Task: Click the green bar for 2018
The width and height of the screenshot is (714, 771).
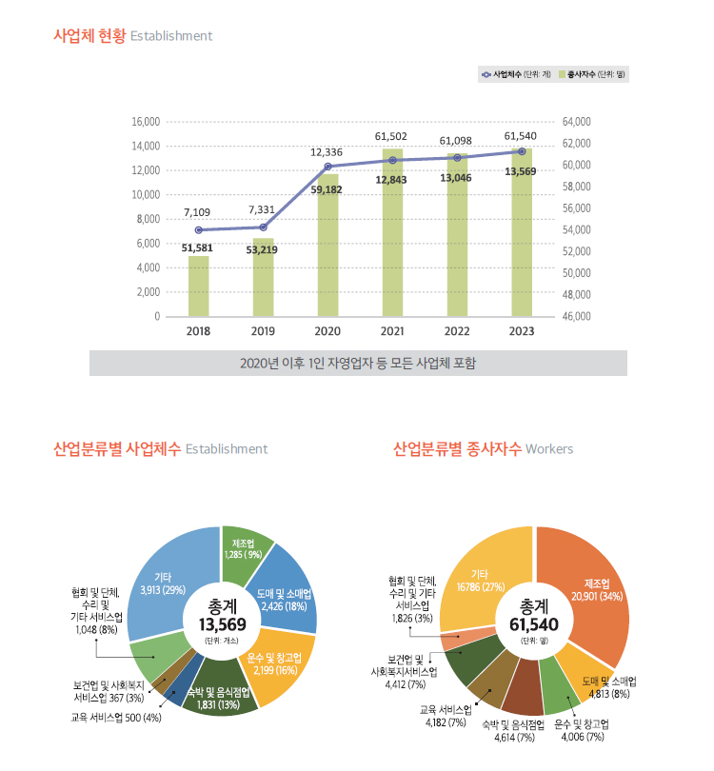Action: (x=198, y=286)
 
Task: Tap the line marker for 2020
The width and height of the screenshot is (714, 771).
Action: (x=327, y=167)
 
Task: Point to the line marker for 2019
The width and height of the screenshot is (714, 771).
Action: (x=263, y=227)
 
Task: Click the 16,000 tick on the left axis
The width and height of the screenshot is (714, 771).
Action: (x=146, y=122)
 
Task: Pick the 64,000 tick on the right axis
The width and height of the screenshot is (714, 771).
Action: (x=577, y=122)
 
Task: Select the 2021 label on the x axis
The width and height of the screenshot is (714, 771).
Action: (x=392, y=331)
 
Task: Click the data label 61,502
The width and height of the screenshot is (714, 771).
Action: (x=391, y=137)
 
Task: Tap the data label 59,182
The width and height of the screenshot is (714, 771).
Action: (x=327, y=190)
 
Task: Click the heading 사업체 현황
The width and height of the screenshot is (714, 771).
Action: (x=89, y=36)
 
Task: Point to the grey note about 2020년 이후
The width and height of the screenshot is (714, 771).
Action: (x=358, y=363)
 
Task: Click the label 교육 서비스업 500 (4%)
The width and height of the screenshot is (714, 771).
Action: (x=116, y=717)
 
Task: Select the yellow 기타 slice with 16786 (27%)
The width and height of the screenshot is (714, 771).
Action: (x=480, y=581)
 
